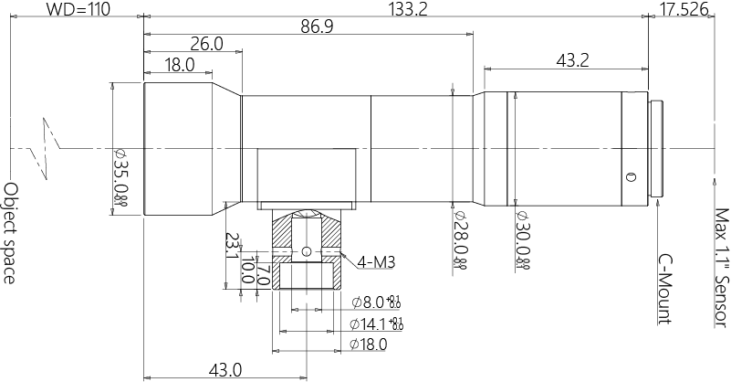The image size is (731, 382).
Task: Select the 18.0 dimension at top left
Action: click(x=179, y=64)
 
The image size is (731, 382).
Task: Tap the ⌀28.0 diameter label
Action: click(x=460, y=239)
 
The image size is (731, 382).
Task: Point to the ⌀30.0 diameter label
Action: click(x=523, y=239)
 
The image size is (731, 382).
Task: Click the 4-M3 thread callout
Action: click(x=376, y=263)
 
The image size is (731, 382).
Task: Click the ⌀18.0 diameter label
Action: click(x=369, y=345)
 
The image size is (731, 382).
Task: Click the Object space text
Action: click(x=11, y=233)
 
